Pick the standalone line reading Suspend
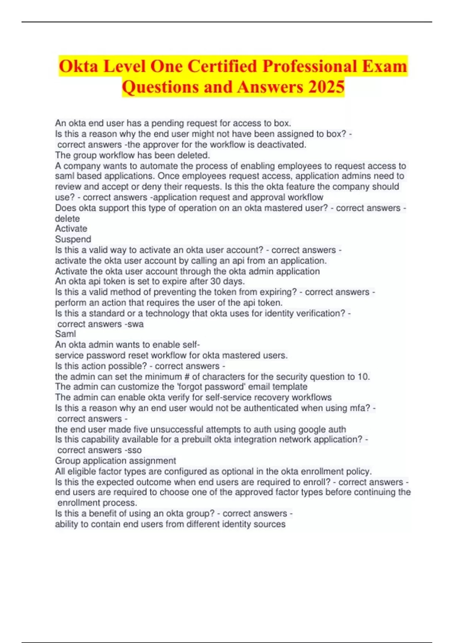[x=73, y=239]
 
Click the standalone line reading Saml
[x=65, y=334]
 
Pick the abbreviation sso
[x=134, y=450]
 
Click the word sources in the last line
[x=269, y=524]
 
